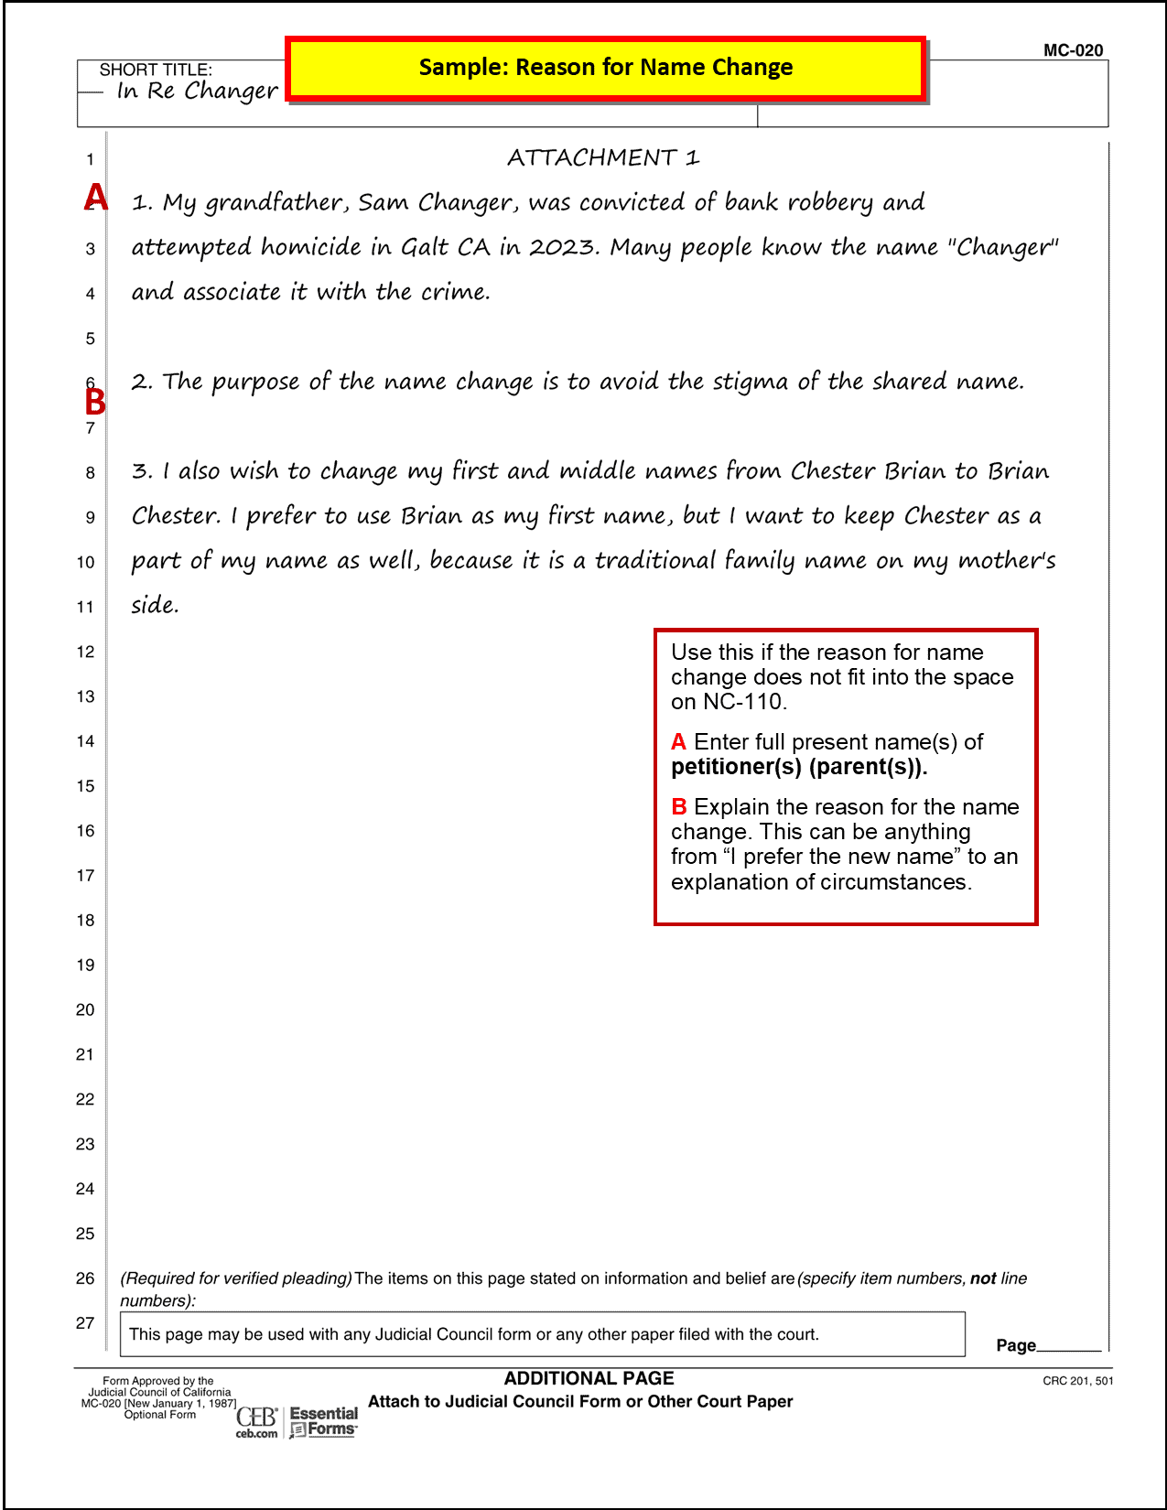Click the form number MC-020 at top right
point(1073,50)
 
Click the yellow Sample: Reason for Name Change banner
point(605,68)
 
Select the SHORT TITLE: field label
point(156,70)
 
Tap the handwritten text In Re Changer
point(197,91)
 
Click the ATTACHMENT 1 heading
point(603,157)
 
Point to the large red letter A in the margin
point(95,198)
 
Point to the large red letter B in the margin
point(95,402)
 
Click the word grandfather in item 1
point(276,202)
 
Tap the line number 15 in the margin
point(85,786)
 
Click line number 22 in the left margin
point(85,1099)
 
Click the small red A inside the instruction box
point(678,742)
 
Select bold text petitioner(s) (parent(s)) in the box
point(798,767)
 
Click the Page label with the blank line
point(1016,1345)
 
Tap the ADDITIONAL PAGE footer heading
point(589,1378)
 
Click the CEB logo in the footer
point(256,1421)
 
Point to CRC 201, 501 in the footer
point(1077,1381)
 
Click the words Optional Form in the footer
point(160,1415)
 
